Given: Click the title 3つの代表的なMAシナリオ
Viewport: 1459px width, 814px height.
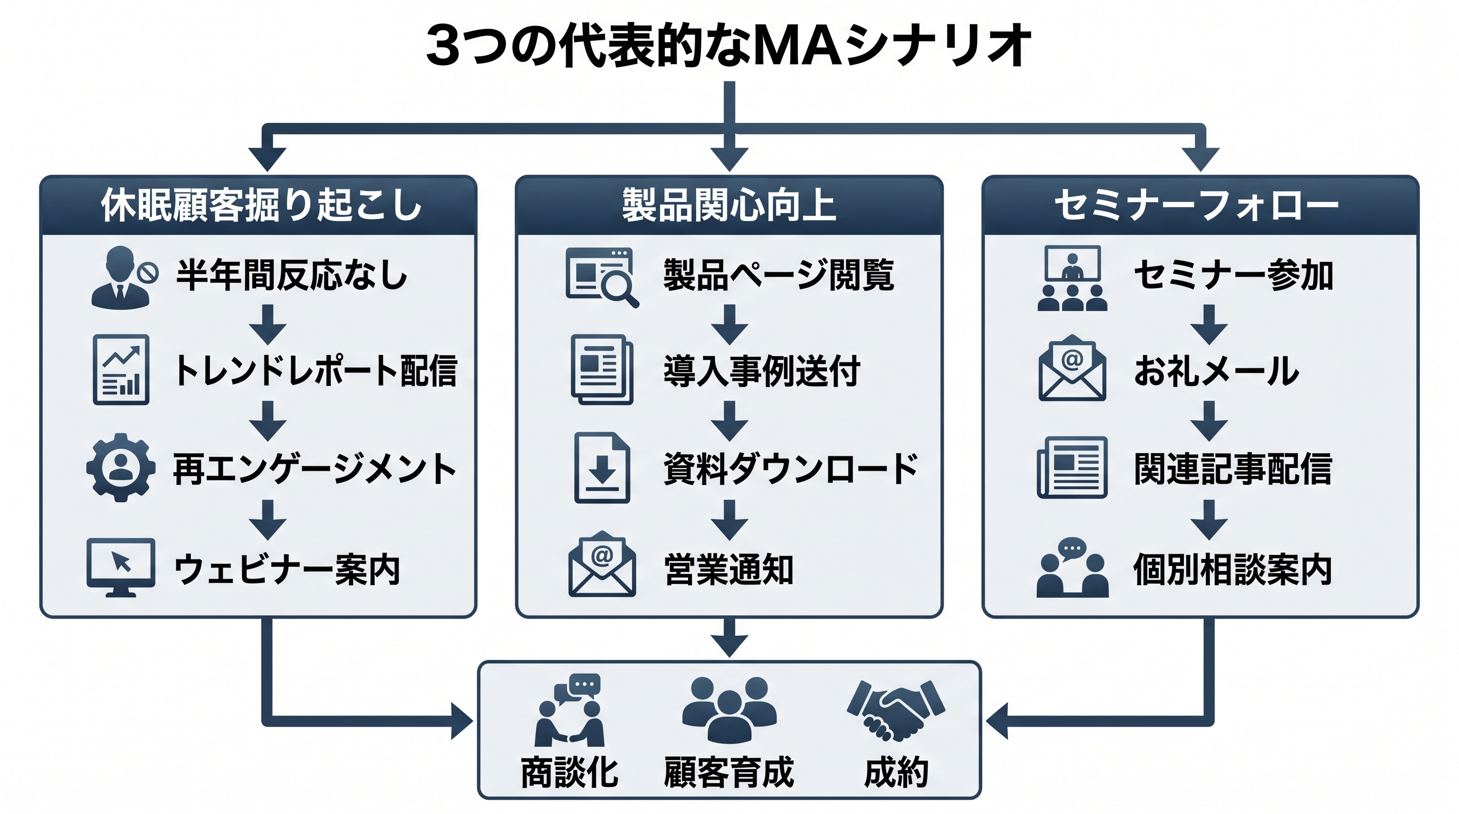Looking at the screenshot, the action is pos(729,45).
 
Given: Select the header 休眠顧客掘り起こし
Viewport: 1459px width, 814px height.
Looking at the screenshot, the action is pos(262,205).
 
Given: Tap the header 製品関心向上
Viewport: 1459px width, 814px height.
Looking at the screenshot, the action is pos(729,205).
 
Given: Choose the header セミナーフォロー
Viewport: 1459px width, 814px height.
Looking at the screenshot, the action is pos(1196,205).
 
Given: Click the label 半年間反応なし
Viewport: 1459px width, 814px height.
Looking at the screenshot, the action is pos(292,276).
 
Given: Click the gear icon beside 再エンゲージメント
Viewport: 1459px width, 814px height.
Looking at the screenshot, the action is pos(121,467).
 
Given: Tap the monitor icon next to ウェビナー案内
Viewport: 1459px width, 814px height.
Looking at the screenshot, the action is pos(121,568).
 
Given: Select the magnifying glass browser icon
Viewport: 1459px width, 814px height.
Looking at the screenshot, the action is pos(602,277).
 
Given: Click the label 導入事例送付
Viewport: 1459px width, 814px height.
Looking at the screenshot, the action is pos(762,371).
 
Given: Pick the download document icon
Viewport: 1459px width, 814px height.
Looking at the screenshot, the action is pos(602,467).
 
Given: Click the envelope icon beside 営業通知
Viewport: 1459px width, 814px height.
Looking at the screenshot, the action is pos(602,564).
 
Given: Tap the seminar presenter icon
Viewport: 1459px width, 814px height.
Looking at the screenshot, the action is pos(1072,278).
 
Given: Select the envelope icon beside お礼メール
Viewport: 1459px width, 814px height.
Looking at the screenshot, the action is pos(1072,367).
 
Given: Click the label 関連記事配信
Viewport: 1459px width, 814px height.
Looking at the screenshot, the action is pos(1233,469).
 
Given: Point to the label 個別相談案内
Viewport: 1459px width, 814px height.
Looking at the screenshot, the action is pos(1233,570).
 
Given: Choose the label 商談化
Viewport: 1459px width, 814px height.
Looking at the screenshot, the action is pos(569,773).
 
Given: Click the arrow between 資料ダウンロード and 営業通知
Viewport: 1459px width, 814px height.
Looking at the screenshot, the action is pos(729,520).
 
